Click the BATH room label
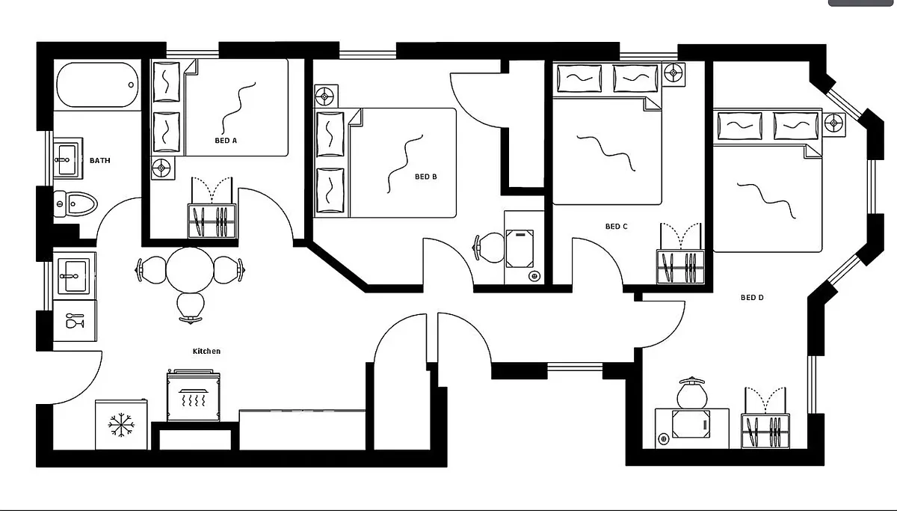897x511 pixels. click(x=99, y=160)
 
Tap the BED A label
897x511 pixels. click(x=226, y=140)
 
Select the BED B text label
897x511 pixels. click(x=425, y=177)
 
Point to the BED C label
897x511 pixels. click(x=616, y=227)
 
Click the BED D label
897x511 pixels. click(x=752, y=297)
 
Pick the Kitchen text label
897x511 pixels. click(x=206, y=351)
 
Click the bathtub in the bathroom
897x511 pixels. click(x=98, y=85)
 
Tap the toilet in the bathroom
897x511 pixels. click(x=75, y=204)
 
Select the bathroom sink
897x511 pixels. click(x=68, y=159)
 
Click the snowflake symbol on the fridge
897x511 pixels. click(x=121, y=425)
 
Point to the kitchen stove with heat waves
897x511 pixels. click(x=194, y=396)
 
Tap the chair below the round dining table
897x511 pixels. click(x=191, y=307)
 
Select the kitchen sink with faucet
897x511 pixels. click(x=74, y=276)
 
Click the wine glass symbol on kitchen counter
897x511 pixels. click(x=75, y=321)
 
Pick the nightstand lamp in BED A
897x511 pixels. click(x=161, y=168)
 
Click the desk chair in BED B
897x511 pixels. click(x=490, y=248)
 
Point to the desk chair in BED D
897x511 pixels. click(x=692, y=393)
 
